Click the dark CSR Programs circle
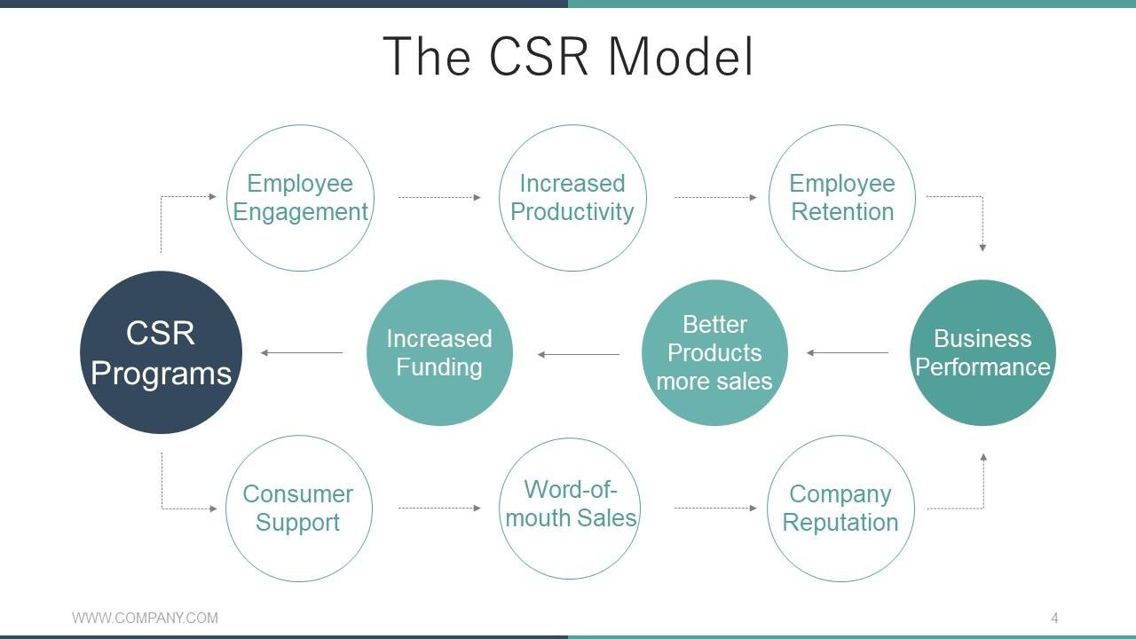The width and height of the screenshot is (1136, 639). click(x=161, y=352)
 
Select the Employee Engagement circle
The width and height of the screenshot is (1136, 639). click(x=300, y=197)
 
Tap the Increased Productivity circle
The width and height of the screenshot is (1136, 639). click(x=572, y=197)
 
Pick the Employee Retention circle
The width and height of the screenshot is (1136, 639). click(x=841, y=197)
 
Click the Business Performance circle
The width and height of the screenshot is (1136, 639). click(x=982, y=352)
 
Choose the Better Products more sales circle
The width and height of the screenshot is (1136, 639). click(x=714, y=352)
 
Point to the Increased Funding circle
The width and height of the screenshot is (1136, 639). click(x=439, y=352)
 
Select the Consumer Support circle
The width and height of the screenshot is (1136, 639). click(x=298, y=508)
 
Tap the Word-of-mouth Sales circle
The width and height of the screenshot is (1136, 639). click(x=572, y=508)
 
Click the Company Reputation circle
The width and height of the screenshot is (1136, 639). click(x=840, y=508)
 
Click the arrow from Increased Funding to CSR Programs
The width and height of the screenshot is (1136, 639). click(x=302, y=353)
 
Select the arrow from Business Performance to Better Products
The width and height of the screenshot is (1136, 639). click(x=848, y=353)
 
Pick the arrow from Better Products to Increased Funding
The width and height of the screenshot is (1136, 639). click(x=578, y=354)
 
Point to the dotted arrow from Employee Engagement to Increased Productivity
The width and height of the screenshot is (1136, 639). click(x=439, y=197)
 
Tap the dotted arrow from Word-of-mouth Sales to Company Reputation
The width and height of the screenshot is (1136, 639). click(x=715, y=508)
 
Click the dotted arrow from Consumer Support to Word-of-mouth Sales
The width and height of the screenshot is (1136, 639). click(x=439, y=508)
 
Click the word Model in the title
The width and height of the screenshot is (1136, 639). click(x=681, y=56)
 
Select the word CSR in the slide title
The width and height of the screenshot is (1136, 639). click(x=539, y=56)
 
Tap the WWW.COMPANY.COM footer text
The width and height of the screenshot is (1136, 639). click(x=145, y=618)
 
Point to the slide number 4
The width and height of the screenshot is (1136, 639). click(x=1054, y=618)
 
